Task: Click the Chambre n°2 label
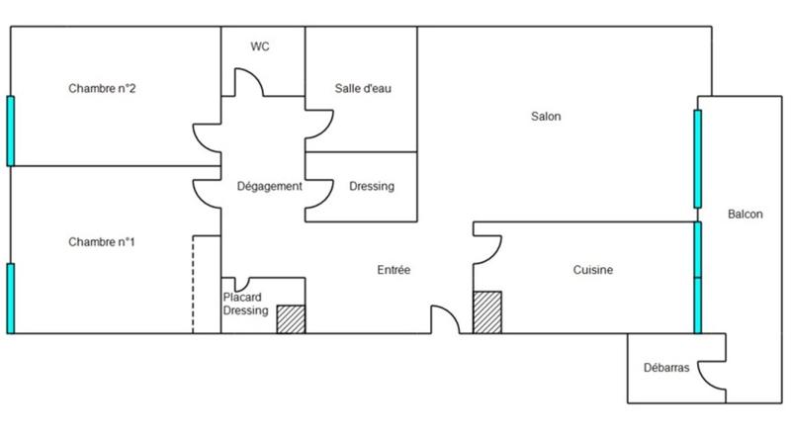(x=102, y=89)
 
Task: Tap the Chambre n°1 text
(x=102, y=242)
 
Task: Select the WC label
(x=261, y=46)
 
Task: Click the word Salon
(x=546, y=117)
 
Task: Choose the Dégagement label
(x=270, y=186)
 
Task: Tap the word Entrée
(x=394, y=270)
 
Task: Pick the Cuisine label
(x=593, y=270)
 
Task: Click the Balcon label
(x=745, y=215)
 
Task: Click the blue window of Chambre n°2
(x=11, y=131)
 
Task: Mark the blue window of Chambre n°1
(x=11, y=298)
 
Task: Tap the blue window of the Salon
(x=697, y=159)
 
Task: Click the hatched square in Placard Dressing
(x=291, y=319)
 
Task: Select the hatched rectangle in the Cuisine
(x=487, y=312)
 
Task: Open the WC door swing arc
(x=247, y=81)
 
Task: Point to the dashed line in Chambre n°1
(x=194, y=285)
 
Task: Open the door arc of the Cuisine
(x=488, y=251)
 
